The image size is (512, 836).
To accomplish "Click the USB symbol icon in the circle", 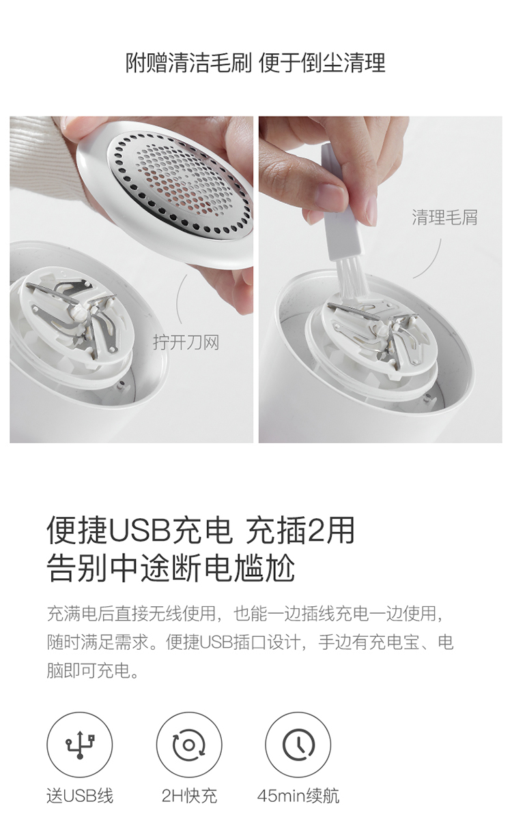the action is pyautogui.click(x=80, y=745).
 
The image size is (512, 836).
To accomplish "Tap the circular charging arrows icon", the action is pyautogui.click(x=189, y=745).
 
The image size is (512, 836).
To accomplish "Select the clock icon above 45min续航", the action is pyautogui.click(x=298, y=745).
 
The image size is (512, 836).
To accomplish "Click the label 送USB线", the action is pyautogui.click(x=80, y=795).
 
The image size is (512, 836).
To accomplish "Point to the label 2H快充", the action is pyautogui.click(x=189, y=795).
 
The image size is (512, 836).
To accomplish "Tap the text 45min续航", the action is pyautogui.click(x=298, y=795).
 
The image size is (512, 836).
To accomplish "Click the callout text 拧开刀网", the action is pyautogui.click(x=186, y=342).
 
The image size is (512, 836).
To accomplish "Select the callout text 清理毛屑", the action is pyautogui.click(x=444, y=218).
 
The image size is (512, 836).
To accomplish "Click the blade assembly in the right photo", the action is pyautogui.click(x=378, y=333).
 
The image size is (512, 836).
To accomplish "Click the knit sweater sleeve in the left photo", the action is pyautogui.click(x=41, y=157).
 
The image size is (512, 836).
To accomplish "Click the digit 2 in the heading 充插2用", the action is pyautogui.click(x=317, y=531).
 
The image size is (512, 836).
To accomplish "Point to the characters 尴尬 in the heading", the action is pyautogui.click(x=264, y=567).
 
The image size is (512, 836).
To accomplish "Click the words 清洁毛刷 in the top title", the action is pyautogui.click(x=210, y=62).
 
